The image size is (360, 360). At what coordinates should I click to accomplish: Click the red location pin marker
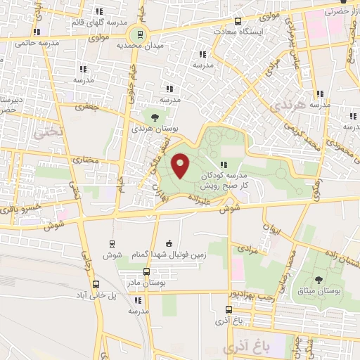coord(181,166)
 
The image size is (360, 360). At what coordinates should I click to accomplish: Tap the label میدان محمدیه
coord(135,45)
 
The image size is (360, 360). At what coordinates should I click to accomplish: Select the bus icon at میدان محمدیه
coord(140,33)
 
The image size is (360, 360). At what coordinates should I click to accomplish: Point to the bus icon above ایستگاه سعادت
coord(238,21)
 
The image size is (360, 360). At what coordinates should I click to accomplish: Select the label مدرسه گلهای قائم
coord(92,22)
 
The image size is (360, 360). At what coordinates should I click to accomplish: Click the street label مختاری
coord(84,159)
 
